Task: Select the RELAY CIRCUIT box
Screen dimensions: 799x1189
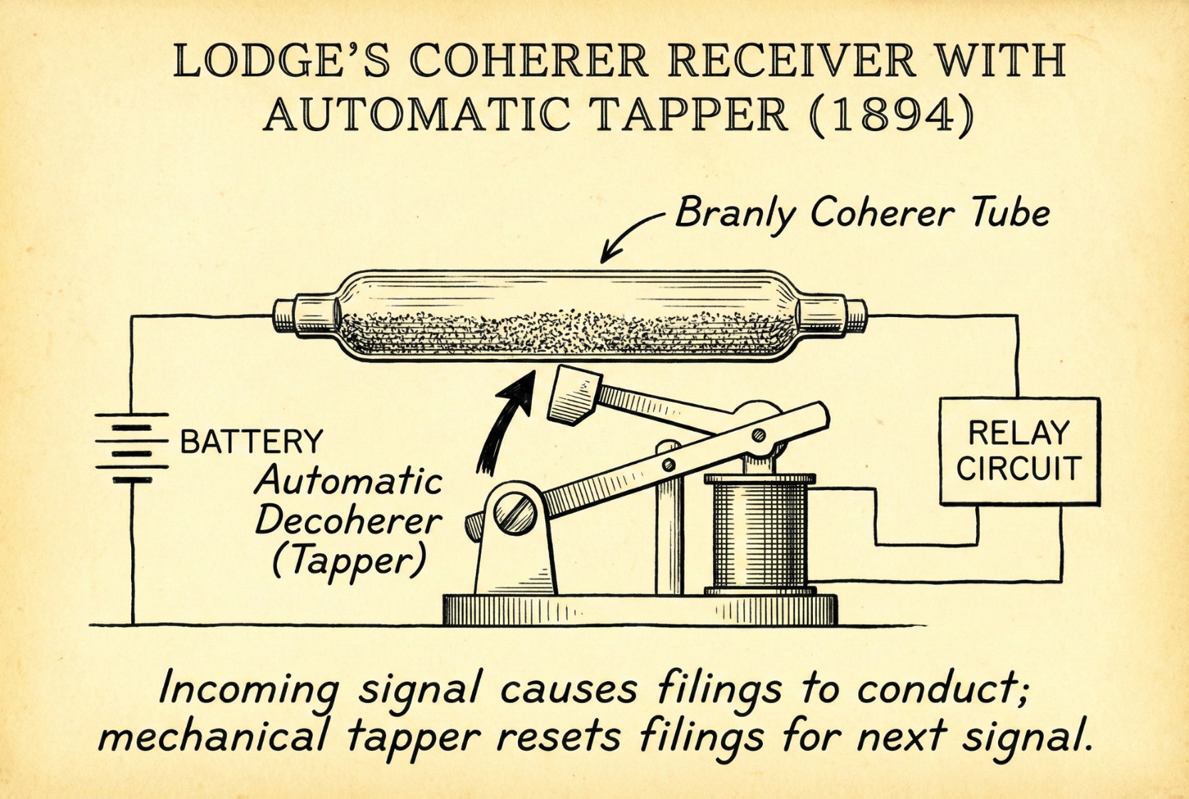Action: [1018, 450]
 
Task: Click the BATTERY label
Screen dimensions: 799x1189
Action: [252, 441]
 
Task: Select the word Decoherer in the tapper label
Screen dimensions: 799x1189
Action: [349, 521]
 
